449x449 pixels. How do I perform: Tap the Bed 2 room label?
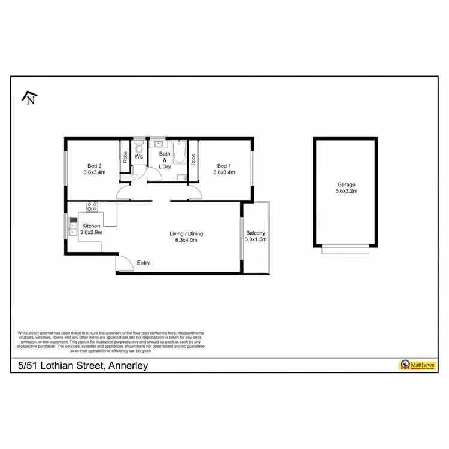click(x=95, y=166)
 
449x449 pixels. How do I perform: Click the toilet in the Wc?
click(x=139, y=147)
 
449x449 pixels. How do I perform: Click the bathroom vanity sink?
click(x=159, y=144)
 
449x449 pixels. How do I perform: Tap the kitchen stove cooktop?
click(x=92, y=207)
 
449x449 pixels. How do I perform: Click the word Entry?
click(x=144, y=263)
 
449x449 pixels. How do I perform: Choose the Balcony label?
click(x=256, y=233)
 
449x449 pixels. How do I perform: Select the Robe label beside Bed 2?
click(x=125, y=157)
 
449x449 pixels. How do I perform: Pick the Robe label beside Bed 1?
click(x=193, y=159)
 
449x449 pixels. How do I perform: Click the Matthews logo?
click(x=412, y=364)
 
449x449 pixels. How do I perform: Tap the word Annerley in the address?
click(x=127, y=365)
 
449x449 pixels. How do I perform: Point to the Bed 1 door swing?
click(x=194, y=192)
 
